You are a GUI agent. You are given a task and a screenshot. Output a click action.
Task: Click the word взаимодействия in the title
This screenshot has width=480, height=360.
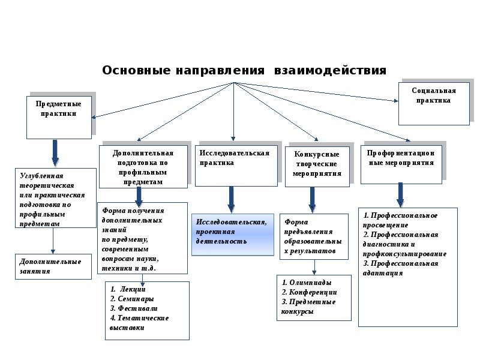(330, 71)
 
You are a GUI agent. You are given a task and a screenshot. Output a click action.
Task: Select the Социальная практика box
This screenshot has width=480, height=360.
(434, 103)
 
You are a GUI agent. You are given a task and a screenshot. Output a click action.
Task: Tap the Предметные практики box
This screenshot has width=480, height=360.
(59, 117)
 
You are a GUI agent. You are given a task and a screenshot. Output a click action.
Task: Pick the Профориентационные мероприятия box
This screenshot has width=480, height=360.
(400, 164)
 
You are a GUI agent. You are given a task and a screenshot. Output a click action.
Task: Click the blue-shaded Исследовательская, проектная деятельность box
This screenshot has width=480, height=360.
(232, 235)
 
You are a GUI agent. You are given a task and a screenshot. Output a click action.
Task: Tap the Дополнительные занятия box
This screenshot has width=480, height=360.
(53, 266)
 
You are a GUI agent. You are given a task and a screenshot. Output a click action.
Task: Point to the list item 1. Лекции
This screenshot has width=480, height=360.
(128, 289)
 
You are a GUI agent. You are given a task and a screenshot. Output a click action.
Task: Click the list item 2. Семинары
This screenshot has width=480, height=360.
(132, 299)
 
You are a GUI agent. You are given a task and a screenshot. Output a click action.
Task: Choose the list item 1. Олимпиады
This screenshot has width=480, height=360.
(307, 282)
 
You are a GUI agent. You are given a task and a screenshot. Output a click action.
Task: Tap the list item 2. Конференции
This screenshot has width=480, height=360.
(309, 292)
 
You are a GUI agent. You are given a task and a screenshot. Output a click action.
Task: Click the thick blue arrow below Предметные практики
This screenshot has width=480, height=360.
(55, 153)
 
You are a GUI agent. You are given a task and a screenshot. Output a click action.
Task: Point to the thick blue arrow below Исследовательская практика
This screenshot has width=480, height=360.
(231, 199)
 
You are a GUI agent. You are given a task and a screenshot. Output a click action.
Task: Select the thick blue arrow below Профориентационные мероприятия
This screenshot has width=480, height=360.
(400, 194)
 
